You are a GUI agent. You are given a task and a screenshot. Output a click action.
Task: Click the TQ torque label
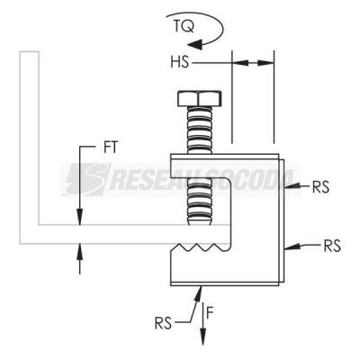184,26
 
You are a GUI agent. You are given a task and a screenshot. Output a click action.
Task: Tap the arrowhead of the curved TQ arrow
194,44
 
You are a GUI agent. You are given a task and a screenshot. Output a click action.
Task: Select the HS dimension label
179,62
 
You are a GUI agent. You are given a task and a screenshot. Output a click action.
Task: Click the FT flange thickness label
111,148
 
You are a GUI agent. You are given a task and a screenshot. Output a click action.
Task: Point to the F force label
210,313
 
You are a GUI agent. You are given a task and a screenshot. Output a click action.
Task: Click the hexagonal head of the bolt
200,98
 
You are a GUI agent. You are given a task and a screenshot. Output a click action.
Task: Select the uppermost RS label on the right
320,187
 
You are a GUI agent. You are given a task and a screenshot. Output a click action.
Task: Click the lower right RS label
332,246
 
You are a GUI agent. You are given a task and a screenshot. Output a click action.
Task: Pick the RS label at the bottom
163,323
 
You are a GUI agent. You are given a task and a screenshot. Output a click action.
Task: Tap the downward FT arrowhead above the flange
80,217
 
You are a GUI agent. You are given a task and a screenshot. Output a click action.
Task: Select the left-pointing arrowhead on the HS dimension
240,63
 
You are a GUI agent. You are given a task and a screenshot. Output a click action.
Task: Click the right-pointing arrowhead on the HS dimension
265,63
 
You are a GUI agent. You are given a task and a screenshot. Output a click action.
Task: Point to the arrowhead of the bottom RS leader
199,294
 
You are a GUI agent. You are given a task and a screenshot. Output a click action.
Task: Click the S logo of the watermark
87,179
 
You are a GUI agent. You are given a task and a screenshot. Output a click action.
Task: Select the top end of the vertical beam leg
30,52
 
